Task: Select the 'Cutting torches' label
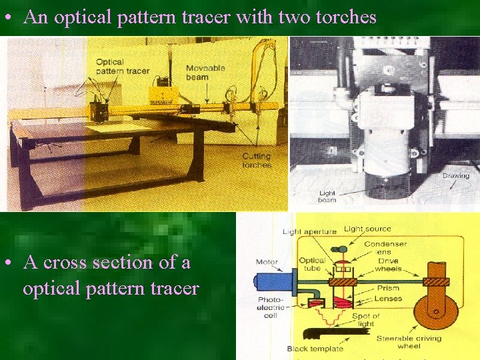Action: [x=257, y=161]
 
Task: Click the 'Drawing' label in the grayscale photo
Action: [x=456, y=176]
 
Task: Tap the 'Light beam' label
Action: [x=327, y=197]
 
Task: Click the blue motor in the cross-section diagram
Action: [x=275, y=281]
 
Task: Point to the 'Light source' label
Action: [x=367, y=229]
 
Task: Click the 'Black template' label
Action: [x=315, y=349]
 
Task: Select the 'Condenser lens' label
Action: [x=385, y=248]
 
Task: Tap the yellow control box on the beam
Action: [x=160, y=94]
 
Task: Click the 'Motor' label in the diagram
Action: [x=267, y=262]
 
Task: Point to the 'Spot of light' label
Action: [x=366, y=320]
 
